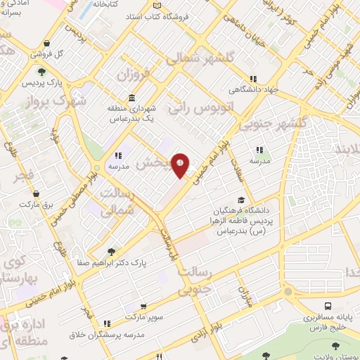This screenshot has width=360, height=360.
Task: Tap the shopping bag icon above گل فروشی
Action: [x=46, y=43]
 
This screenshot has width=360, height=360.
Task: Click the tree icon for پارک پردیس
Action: [x=42, y=72]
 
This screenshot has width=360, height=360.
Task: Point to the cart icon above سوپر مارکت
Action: [x=143, y=307]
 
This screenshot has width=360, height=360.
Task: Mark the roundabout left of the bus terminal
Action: [x=287, y=292]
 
